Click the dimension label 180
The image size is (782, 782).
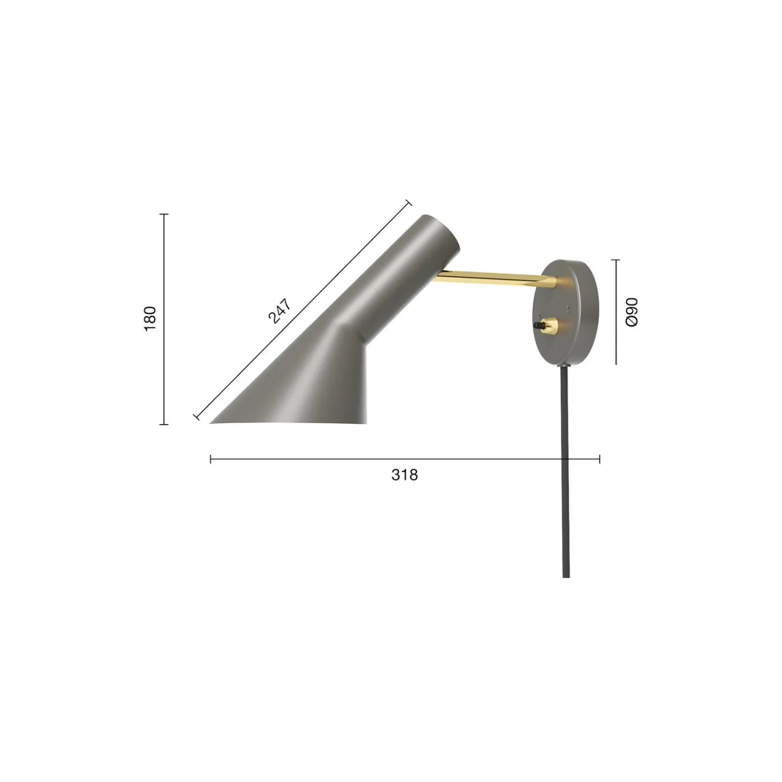pyautogui.click(x=151, y=318)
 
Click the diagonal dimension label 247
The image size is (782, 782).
pyautogui.click(x=279, y=311)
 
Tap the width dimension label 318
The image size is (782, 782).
pyautogui.click(x=404, y=475)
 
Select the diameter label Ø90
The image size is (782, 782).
pyautogui.click(x=632, y=312)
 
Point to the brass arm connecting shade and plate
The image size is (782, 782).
pyautogui.click(x=493, y=277)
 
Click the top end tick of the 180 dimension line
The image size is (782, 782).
pyautogui.click(x=164, y=214)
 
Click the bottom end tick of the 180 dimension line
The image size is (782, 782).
pyautogui.click(x=164, y=424)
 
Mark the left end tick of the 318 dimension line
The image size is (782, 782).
pyautogui.click(x=210, y=459)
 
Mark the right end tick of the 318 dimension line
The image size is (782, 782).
pyautogui.click(x=599, y=459)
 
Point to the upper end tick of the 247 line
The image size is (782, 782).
pyautogui.click(x=409, y=202)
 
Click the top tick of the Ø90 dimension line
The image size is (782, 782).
pyautogui.click(x=616, y=260)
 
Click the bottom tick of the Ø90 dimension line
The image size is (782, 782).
pyautogui.click(x=616, y=364)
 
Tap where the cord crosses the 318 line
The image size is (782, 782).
pyautogui.click(x=566, y=459)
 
